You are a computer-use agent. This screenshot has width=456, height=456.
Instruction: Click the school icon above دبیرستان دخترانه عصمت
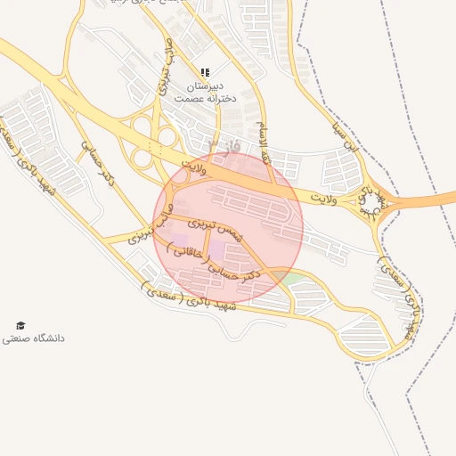coord(205,72)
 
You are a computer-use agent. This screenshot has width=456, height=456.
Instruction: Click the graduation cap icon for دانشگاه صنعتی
coord(20,326)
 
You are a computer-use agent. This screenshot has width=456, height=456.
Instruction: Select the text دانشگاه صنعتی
coord(33,339)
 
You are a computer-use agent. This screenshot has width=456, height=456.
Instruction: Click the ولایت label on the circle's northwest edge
coord(193,165)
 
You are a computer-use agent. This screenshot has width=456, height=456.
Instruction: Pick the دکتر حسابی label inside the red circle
coord(233,273)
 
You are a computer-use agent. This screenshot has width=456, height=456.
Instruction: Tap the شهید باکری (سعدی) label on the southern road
coord(187,296)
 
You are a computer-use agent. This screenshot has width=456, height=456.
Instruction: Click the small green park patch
coord(289,279)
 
